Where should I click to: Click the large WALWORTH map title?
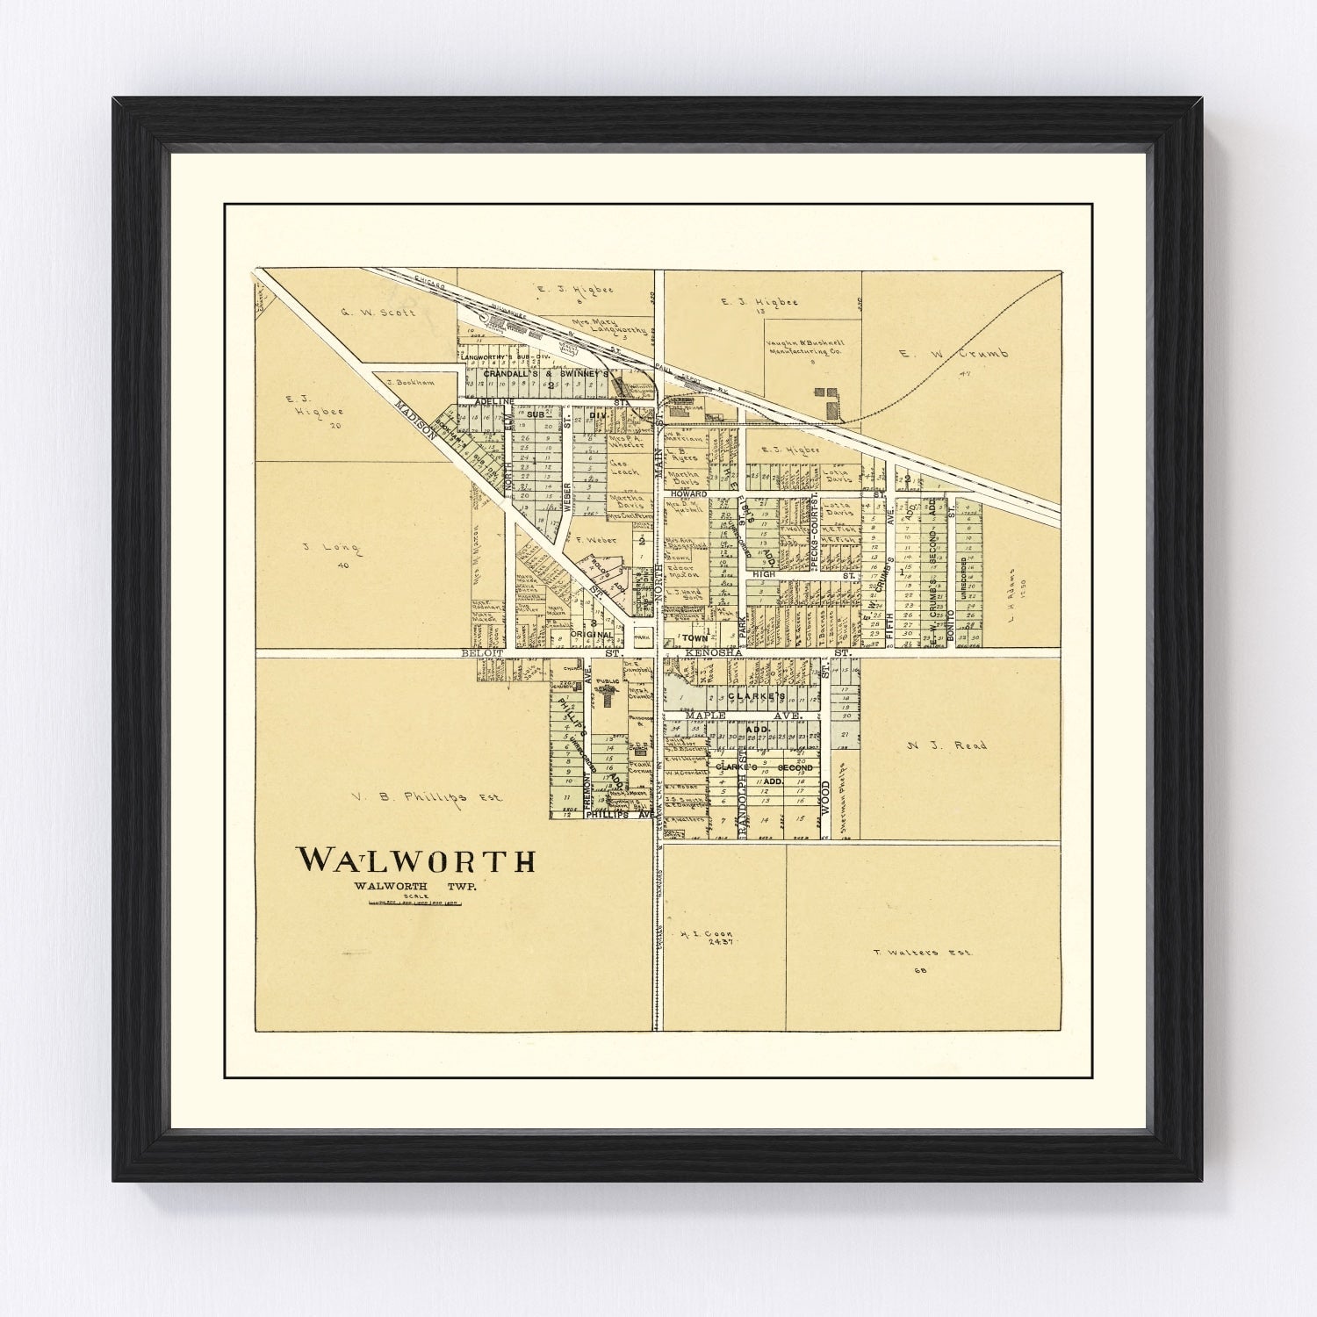tap(416, 860)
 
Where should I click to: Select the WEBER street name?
tap(567, 496)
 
